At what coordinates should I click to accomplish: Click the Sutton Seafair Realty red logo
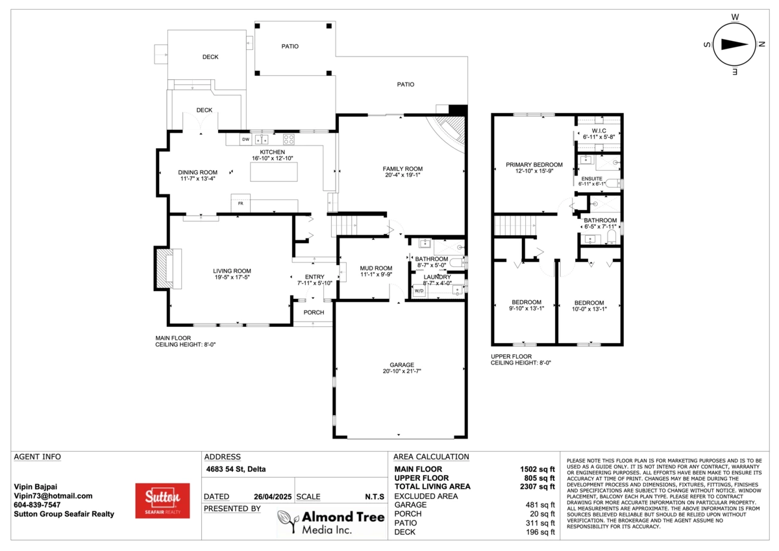(x=162, y=500)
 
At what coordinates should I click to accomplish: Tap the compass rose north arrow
(x=734, y=45)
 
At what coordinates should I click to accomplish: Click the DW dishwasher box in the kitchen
(x=245, y=140)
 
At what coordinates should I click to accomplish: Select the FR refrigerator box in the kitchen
(x=241, y=203)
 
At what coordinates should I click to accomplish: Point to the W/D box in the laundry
(x=419, y=290)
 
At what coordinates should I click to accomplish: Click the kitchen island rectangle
(x=274, y=172)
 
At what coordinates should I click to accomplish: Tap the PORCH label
(x=314, y=313)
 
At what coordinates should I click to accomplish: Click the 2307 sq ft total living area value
(x=538, y=486)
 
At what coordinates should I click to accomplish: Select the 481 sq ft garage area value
(x=540, y=505)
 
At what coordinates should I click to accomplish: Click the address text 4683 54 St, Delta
(x=236, y=469)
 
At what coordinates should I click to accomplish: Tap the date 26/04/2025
(x=273, y=496)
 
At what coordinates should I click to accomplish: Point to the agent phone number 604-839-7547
(x=37, y=505)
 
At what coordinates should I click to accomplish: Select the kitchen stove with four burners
(x=289, y=140)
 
